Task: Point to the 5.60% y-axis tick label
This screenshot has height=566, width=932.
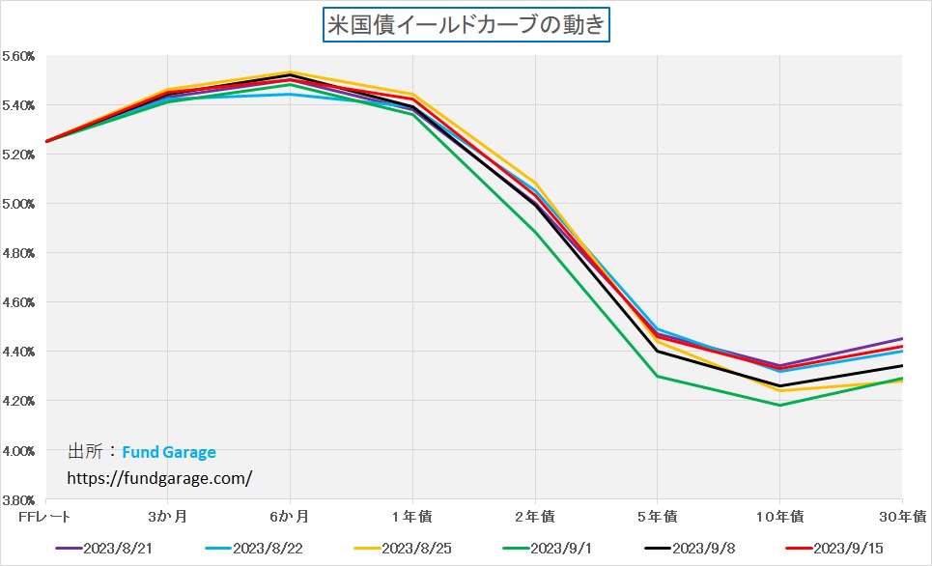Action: (x=18, y=56)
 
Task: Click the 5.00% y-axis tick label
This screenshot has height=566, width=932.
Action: (x=18, y=204)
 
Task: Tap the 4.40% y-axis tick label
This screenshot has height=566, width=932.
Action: (x=18, y=352)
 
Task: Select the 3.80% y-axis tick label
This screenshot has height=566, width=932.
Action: (x=18, y=500)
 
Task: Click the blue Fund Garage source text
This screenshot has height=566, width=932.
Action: (x=169, y=452)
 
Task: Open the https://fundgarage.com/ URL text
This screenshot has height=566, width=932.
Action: (x=159, y=477)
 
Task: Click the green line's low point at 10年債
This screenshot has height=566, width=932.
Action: (x=779, y=405)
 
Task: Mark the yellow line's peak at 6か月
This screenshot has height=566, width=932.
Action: (x=291, y=72)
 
